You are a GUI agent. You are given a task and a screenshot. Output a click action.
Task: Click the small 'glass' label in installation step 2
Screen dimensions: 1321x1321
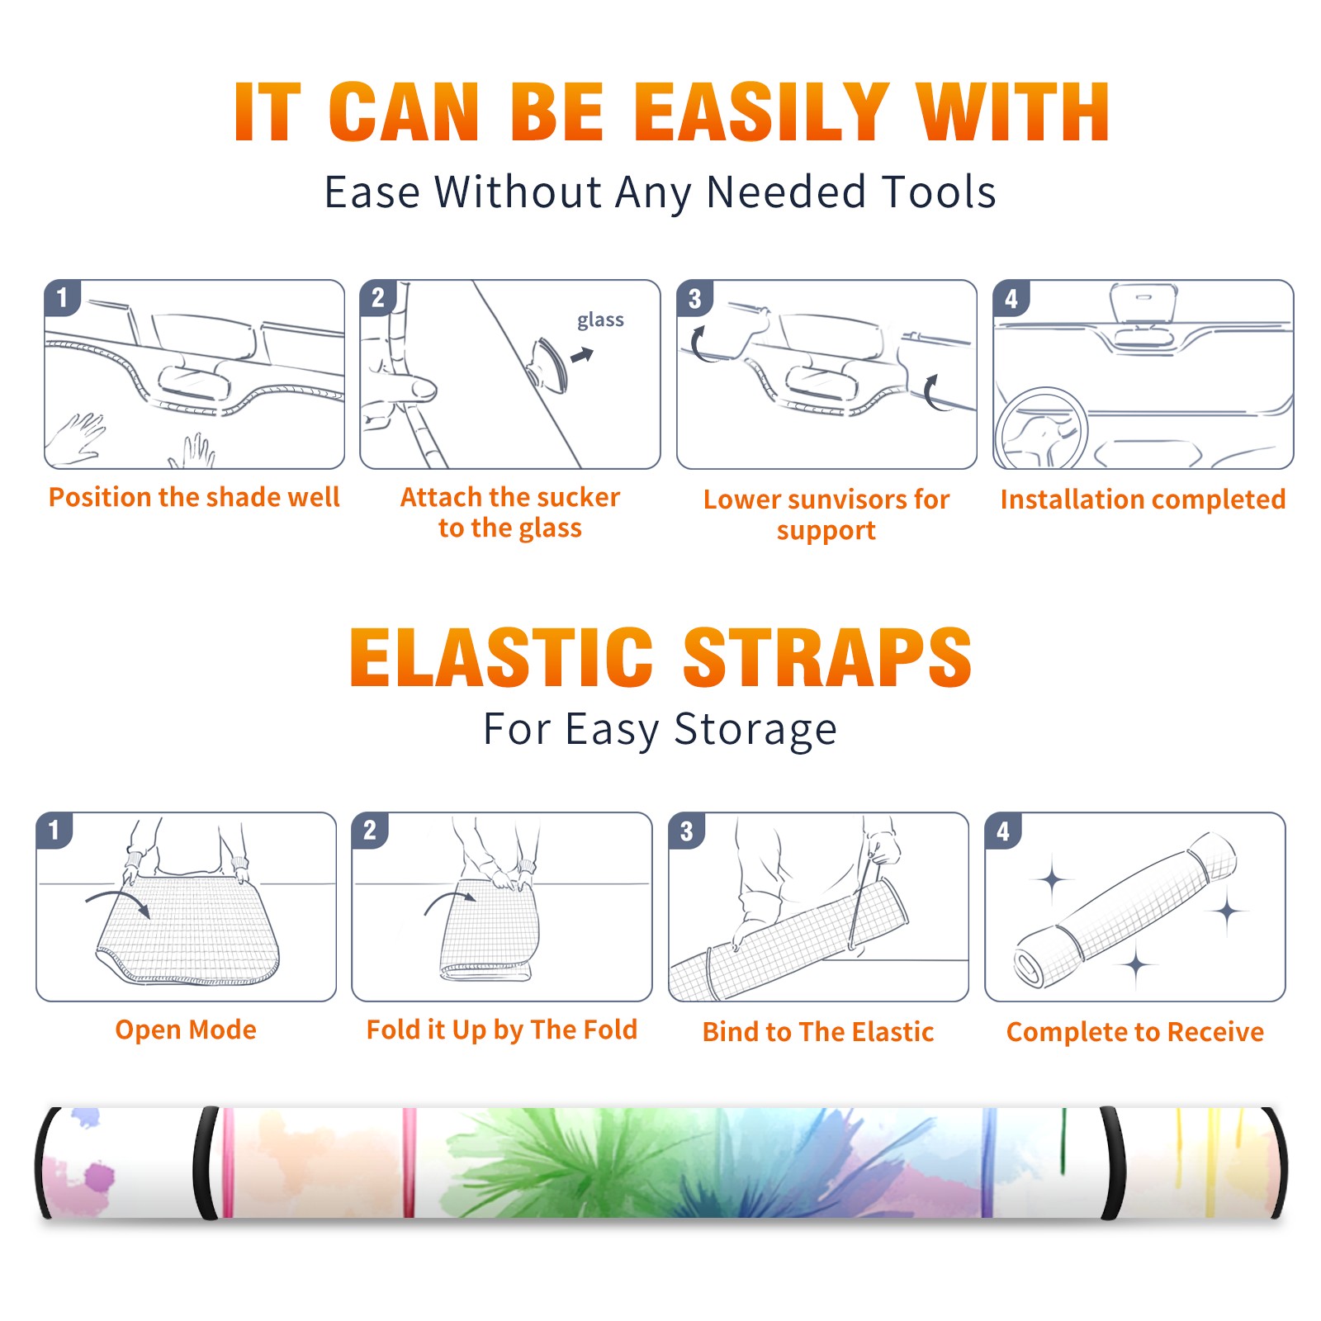pos(600,320)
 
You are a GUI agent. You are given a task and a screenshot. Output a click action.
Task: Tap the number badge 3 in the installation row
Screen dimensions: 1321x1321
pos(694,298)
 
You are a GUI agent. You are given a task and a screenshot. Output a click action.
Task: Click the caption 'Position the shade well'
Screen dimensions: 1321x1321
pos(194,497)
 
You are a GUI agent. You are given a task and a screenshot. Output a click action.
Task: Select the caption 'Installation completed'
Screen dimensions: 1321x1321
pos(1143,500)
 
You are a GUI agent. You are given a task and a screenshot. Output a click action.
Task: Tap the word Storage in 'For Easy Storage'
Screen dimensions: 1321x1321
pos(755,730)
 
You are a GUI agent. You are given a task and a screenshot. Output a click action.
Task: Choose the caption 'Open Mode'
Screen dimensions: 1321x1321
pos(186,1030)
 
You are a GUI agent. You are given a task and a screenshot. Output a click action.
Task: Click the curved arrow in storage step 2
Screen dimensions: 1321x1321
pos(449,901)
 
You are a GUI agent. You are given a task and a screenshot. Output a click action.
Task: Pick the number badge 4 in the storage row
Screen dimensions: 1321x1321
pos(1002,831)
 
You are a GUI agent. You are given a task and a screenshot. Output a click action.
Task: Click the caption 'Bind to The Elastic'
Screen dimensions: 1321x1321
pos(818,1032)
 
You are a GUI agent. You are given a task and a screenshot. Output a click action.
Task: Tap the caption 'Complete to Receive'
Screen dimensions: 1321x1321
pos(1135,1032)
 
